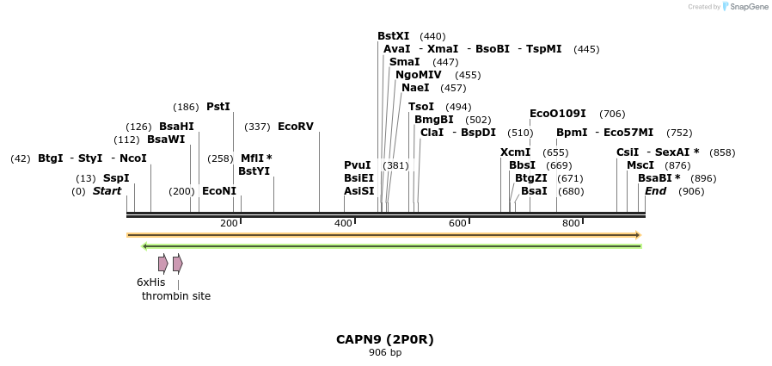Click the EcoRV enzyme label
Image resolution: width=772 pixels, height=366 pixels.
295,127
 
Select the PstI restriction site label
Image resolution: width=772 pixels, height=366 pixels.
218,107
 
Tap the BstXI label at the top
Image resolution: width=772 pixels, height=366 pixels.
393,36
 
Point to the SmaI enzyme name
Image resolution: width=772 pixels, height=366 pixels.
404,62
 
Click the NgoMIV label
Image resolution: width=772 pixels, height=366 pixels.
418,75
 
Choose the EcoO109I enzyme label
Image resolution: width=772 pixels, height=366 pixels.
558,114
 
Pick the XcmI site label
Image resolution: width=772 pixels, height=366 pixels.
515,152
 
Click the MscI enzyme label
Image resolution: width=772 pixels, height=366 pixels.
640,165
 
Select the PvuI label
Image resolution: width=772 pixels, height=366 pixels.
357,165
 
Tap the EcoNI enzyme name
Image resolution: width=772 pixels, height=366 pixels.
218,191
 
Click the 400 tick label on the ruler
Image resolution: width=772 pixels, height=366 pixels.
343,224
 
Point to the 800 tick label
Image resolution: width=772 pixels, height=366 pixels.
571,224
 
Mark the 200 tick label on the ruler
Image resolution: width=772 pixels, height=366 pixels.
229,224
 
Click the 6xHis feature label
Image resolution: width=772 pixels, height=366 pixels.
150,282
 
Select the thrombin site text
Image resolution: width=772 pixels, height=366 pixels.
176,296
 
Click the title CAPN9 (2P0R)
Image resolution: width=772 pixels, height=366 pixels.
385,339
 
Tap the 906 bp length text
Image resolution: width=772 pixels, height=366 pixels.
385,353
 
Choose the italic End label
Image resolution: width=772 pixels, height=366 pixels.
655,191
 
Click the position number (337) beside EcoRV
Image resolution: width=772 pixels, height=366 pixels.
257,127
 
